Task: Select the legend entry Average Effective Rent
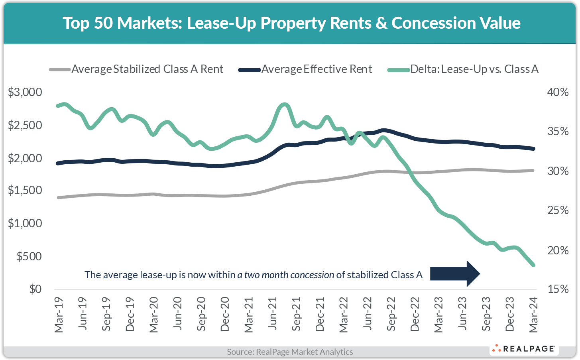(x=317, y=69)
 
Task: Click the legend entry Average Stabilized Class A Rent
(x=147, y=69)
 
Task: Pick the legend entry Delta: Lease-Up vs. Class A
(x=474, y=69)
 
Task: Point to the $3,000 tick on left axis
(x=25, y=92)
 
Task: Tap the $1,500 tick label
(x=25, y=190)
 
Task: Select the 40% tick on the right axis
(x=558, y=92)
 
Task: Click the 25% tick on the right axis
(x=558, y=210)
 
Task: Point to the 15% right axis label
(x=558, y=289)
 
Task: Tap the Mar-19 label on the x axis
(x=59, y=314)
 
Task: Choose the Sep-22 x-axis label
(x=392, y=314)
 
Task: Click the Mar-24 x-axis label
(x=533, y=314)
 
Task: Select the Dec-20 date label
(x=225, y=314)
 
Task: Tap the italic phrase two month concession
(x=285, y=275)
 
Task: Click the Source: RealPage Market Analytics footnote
(x=290, y=352)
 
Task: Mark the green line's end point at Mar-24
(x=533, y=265)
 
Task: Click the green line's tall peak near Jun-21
(x=284, y=105)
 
